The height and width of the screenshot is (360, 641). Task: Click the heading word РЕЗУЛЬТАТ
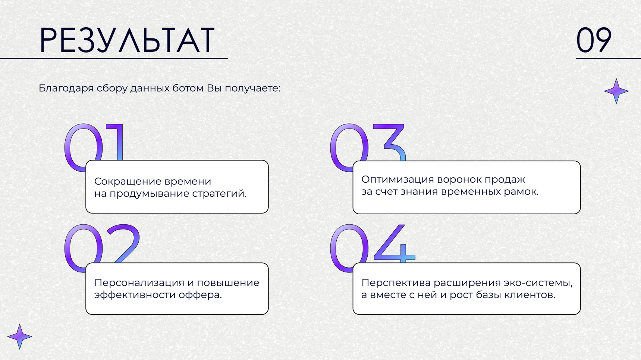(x=127, y=40)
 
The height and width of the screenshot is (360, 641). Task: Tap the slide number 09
(x=594, y=40)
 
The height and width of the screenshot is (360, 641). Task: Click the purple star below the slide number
(x=616, y=91)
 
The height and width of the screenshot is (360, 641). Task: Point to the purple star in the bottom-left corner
(x=19, y=337)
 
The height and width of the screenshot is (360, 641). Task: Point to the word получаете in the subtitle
(x=252, y=89)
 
